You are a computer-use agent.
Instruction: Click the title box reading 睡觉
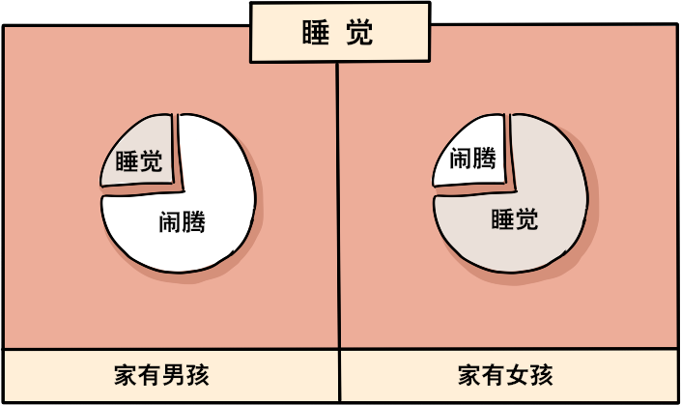click(x=339, y=33)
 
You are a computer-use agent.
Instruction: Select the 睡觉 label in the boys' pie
click(x=139, y=161)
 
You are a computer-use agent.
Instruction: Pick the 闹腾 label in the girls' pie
click(x=472, y=158)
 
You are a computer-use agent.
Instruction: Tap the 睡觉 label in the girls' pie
click(x=514, y=219)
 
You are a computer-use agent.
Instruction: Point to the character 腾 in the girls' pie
click(x=484, y=158)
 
